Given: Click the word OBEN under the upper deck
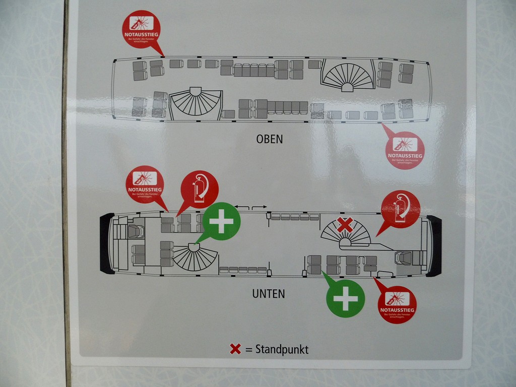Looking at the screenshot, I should (269, 139).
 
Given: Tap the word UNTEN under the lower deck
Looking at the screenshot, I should (268, 294).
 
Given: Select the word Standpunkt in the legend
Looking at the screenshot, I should (282, 349).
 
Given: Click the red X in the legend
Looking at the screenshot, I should (235, 349).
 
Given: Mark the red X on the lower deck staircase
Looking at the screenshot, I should (345, 225).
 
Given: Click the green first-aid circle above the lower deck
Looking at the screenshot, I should (221, 221).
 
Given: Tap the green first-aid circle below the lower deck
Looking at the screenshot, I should (345, 298).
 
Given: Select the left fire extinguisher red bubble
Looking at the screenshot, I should (200, 189).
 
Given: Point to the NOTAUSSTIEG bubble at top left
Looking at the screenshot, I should (141, 29).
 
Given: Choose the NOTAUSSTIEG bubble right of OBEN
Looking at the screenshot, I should (405, 150).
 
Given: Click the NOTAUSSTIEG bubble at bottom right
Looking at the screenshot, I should (397, 304).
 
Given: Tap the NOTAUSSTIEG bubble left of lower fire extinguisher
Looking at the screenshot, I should (145, 184).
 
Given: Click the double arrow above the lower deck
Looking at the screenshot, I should (251, 207).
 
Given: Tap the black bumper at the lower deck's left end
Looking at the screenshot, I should (106, 243).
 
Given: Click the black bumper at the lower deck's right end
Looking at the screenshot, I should (434, 246).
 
